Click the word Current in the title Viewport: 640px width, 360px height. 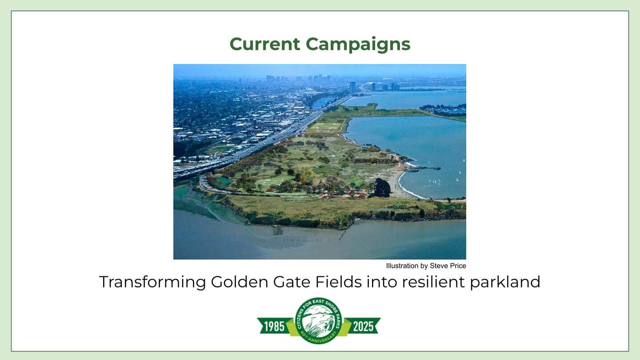(x=265, y=44)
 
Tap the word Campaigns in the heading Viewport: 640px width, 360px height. (x=358, y=44)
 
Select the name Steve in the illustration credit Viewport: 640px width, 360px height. (x=439, y=266)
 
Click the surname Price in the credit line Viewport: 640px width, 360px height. (x=458, y=266)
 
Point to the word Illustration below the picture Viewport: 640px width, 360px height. (x=402, y=266)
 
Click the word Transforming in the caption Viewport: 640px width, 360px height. (x=152, y=282)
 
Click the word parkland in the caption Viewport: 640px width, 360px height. (x=505, y=282)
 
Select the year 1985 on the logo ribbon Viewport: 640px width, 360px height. (x=274, y=327)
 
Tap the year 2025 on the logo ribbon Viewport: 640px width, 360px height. (x=363, y=327)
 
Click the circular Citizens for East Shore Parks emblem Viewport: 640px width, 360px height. (x=319, y=320)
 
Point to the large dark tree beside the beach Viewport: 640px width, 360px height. (x=382, y=188)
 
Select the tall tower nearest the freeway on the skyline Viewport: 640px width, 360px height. (x=353, y=87)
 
